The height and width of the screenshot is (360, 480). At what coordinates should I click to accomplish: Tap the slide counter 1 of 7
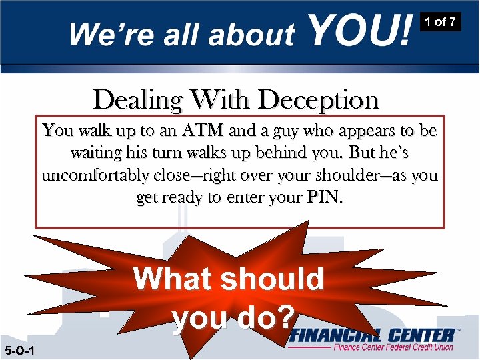(x=441, y=22)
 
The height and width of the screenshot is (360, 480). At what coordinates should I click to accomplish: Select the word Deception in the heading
(x=319, y=100)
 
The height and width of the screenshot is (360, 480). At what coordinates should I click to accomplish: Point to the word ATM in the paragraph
(x=203, y=131)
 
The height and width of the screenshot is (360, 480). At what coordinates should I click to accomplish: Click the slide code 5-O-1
(x=19, y=351)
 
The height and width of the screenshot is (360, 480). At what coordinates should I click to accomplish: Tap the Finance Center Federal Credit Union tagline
(x=393, y=347)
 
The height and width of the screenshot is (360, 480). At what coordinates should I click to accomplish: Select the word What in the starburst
(x=168, y=279)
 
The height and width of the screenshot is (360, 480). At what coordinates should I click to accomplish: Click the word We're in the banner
(x=107, y=34)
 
